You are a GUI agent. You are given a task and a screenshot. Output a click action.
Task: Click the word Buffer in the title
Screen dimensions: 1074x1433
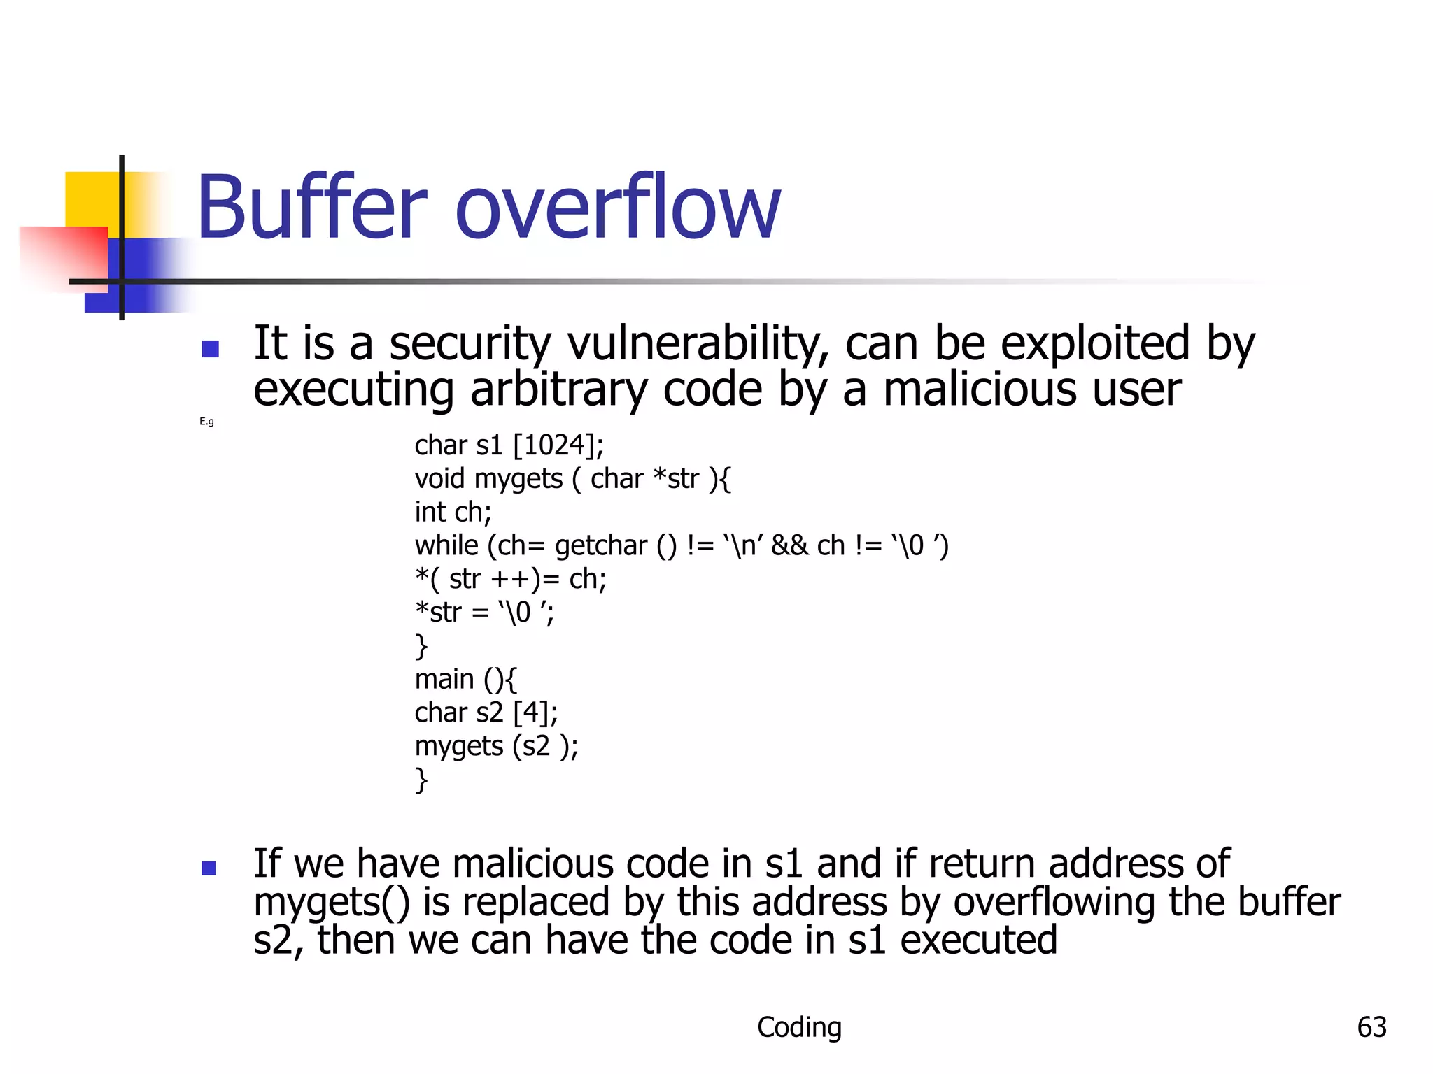(311, 208)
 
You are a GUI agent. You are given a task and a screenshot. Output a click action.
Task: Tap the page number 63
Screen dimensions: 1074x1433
(1371, 1027)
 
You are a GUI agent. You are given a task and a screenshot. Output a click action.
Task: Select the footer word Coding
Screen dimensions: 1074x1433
(799, 1027)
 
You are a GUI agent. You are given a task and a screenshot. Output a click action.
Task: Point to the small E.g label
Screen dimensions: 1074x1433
(206, 422)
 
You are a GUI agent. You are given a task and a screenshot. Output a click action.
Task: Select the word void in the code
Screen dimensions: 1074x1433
(439, 479)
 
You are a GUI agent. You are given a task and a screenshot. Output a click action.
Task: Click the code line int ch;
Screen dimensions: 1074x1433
(453, 513)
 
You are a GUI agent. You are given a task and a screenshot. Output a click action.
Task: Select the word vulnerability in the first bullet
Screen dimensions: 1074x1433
(698, 344)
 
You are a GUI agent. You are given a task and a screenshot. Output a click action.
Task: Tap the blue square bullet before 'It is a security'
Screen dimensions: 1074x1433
(210, 349)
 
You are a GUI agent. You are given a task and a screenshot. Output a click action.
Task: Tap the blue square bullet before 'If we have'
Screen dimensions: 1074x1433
(209, 868)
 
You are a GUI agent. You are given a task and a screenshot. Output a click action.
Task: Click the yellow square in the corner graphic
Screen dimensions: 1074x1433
(91, 199)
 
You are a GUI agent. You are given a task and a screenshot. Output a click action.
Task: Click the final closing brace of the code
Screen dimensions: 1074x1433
(421, 780)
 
